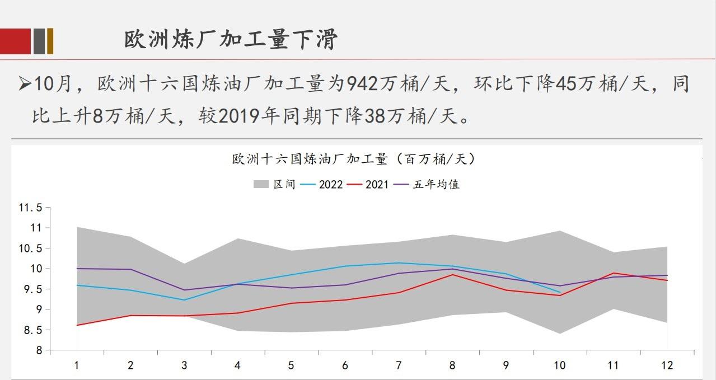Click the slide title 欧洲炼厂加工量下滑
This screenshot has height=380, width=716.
coord(231,40)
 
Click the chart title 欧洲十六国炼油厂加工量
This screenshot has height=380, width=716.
coord(354,159)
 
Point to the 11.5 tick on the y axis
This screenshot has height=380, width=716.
coord(30,208)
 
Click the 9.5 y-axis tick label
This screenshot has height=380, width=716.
coord(30,289)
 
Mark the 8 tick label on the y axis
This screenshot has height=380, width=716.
coord(39,351)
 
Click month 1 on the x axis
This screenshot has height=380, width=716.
coord(77,365)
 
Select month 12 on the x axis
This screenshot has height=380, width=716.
coord(667,365)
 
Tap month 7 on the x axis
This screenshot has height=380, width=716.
coord(399,365)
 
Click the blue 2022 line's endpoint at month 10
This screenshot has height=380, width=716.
coord(560,292)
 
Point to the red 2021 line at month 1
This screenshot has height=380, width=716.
coord(77,325)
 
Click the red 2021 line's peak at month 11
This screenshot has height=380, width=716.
coord(614,273)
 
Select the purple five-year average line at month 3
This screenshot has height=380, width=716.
coord(184,290)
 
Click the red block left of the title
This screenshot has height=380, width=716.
coord(15,41)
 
